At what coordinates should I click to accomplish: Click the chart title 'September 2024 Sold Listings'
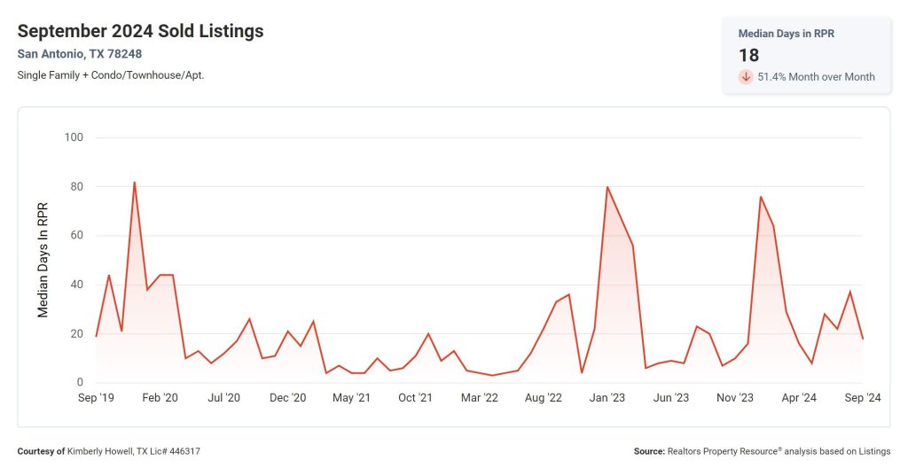(140, 31)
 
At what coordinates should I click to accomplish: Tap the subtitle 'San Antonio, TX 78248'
(79, 54)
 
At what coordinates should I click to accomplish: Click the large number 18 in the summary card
(748, 55)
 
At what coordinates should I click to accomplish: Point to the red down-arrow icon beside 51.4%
(746, 77)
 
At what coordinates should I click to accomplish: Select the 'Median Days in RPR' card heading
(786, 33)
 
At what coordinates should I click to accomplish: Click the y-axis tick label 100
(74, 137)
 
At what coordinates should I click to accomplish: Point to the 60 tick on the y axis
(76, 236)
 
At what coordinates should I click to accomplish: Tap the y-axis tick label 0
(80, 383)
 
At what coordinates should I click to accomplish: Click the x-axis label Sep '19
(96, 398)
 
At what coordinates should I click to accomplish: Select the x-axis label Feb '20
(160, 398)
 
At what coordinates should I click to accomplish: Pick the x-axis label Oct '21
(415, 398)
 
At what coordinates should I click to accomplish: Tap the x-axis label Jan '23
(607, 398)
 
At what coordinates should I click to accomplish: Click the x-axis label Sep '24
(862, 398)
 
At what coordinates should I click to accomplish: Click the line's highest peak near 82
(134, 182)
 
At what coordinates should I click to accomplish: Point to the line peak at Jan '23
(607, 187)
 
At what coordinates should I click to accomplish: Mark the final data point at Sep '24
(863, 339)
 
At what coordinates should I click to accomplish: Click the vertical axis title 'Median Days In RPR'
(43, 259)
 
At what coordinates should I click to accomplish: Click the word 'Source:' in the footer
(649, 451)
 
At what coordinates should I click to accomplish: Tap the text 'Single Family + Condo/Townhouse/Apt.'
(110, 75)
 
